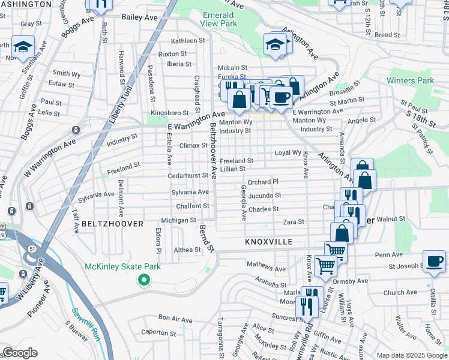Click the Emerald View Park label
point(219,18)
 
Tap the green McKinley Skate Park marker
point(143,280)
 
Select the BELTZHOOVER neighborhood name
point(113,224)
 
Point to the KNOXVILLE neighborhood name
point(268,242)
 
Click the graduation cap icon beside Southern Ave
point(23,47)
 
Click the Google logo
point(20,353)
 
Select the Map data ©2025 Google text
point(412,355)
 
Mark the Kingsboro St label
point(169,113)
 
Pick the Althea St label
point(186,250)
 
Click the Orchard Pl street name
point(263,182)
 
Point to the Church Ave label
point(400,293)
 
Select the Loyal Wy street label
point(288,153)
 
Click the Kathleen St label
point(188,41)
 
